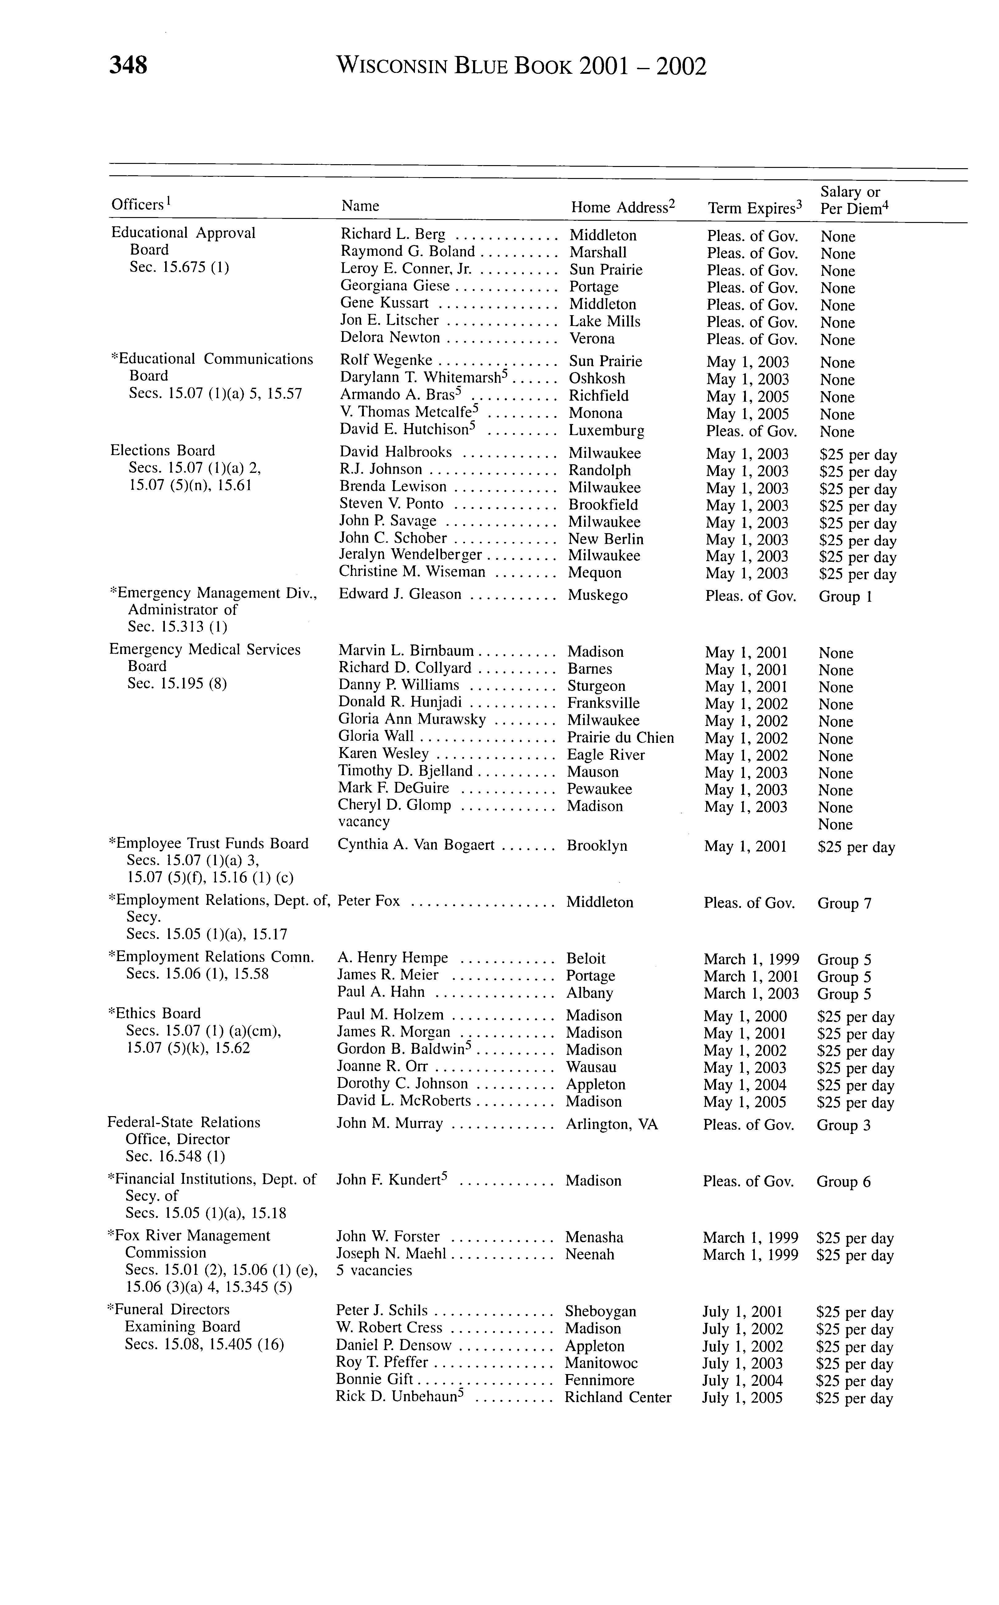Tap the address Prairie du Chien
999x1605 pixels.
pos(620,738)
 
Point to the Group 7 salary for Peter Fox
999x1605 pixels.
pos(844,903)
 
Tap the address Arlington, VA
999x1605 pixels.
pos(612,1124)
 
